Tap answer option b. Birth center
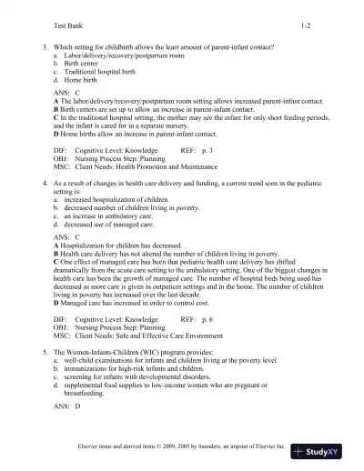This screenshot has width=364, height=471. point(81,63)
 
